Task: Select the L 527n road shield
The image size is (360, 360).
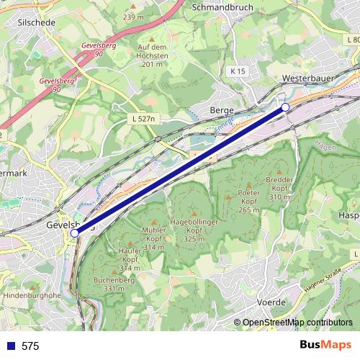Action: (144, 118)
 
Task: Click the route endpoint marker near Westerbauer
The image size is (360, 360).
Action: (285, 107)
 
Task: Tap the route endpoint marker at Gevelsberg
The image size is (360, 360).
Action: (75, 233)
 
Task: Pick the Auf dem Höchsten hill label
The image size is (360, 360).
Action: (153, 55)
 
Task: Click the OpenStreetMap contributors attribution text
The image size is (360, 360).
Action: (297, 323)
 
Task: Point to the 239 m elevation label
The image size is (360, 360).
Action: (134, 17)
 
